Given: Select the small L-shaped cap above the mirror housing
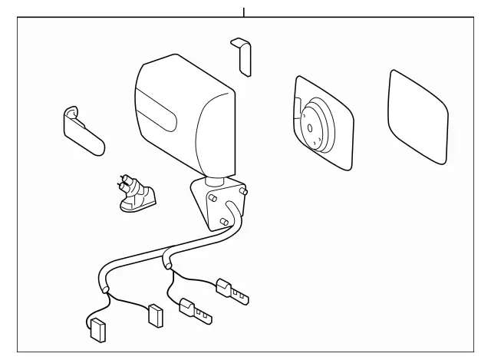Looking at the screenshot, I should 244,56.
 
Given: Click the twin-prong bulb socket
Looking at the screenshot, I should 135,193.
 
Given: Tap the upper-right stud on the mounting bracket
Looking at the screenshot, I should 243,190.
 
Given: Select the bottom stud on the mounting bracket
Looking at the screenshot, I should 222,223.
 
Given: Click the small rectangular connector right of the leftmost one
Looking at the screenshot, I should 154,315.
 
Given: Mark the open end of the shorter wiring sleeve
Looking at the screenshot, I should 167,266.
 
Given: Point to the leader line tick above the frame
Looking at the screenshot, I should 244,12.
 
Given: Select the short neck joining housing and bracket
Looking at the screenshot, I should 216,179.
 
